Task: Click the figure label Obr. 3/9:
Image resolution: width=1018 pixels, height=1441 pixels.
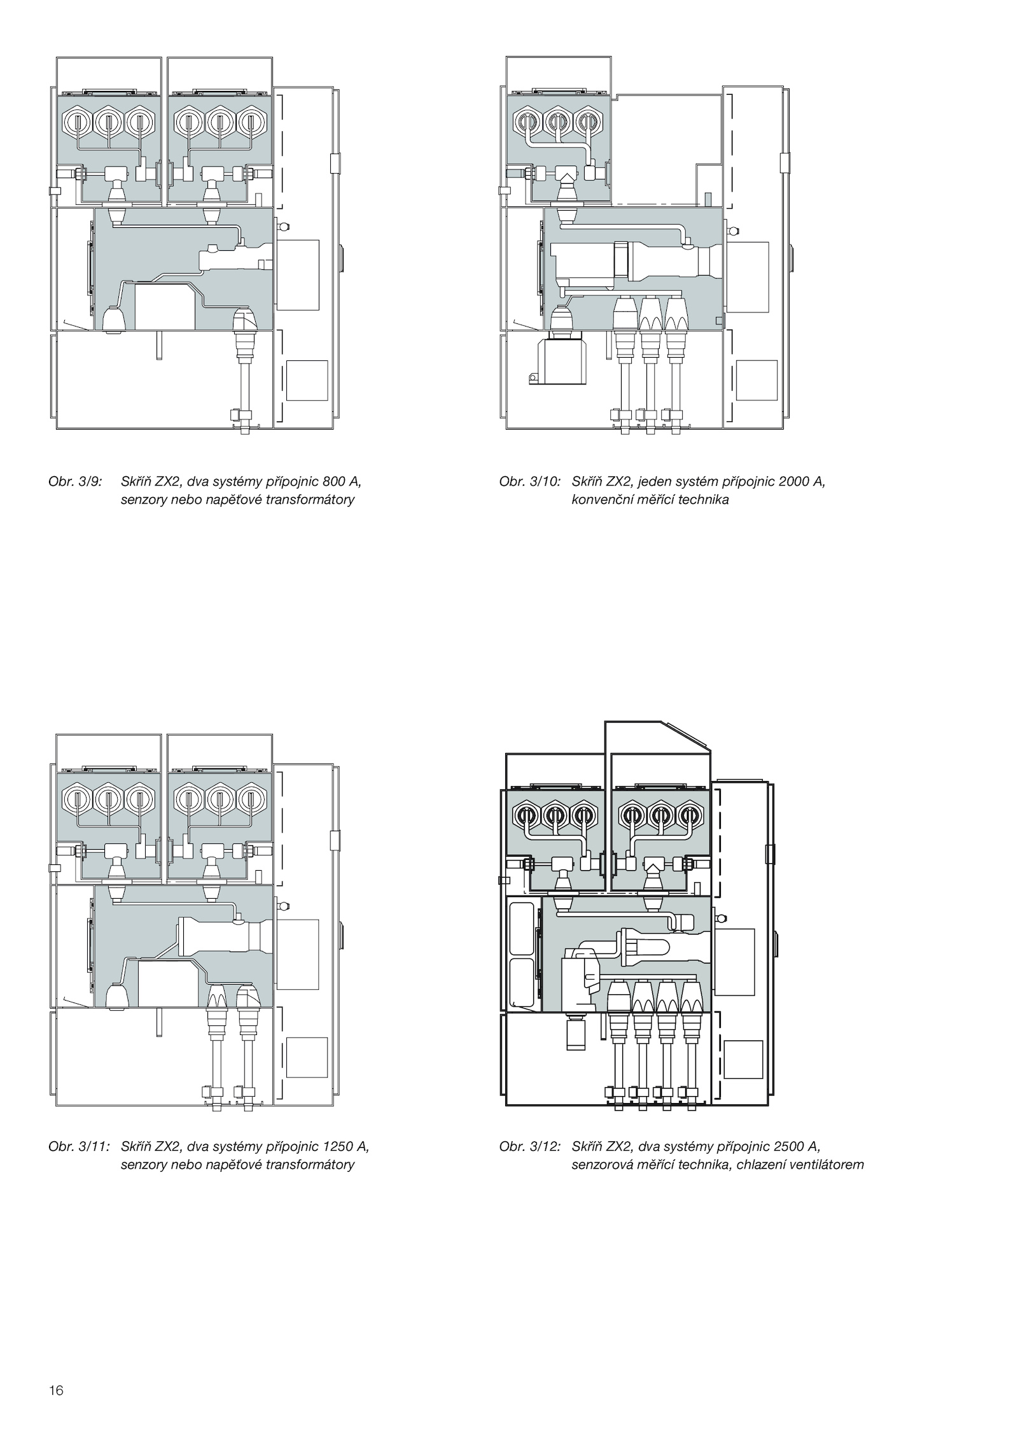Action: pyautogui.click(x=74, y=482)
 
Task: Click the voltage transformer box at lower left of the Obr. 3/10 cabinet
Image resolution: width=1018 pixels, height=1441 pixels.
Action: pyautogui.click(x=561, y=362)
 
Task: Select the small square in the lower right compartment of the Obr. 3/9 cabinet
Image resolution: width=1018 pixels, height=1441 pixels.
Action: pyautogui.click(x=307, y=381)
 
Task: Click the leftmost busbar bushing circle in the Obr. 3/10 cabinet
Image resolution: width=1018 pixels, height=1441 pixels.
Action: pyautogui.click(x=527, y=120)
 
